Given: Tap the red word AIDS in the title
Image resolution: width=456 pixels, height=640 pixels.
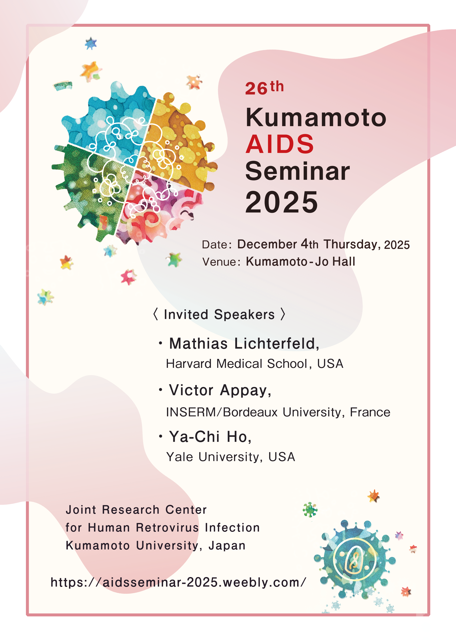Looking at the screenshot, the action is click(x=280, y=144).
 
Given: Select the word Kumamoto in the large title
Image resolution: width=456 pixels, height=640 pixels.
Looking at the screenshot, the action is click(x=316, y=117).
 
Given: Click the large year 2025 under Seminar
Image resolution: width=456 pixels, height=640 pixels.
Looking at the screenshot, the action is click(x=282, y=202).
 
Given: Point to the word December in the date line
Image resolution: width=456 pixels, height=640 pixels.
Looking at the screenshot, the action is click(x=267, y=244).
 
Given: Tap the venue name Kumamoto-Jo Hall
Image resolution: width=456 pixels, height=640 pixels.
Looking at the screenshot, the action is click(x=301, y=261).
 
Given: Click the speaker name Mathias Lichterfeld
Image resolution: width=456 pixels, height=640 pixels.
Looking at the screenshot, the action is click(x=244, y=344).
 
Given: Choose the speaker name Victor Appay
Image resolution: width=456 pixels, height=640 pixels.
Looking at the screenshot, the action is click(x=220, y=390).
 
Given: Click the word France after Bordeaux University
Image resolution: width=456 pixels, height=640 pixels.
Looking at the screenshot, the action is click(x=370, y=412).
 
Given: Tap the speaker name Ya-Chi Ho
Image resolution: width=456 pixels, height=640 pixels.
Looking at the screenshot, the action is click(x=210, y=437).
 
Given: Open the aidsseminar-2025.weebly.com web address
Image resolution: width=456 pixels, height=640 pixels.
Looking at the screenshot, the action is click(x=178, y=582).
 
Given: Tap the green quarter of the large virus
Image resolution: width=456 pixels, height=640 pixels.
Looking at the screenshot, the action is click(x=90, y=191).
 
